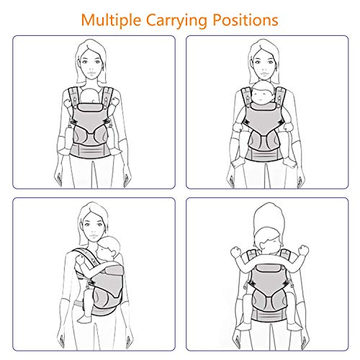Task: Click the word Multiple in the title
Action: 111,19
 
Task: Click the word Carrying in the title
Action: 176,21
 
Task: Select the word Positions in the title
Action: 246,19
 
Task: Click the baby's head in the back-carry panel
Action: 269,240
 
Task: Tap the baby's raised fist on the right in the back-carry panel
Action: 303,250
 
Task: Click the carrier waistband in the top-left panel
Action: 91,150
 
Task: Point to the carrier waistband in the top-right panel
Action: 264,154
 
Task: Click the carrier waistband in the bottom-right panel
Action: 269,315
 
